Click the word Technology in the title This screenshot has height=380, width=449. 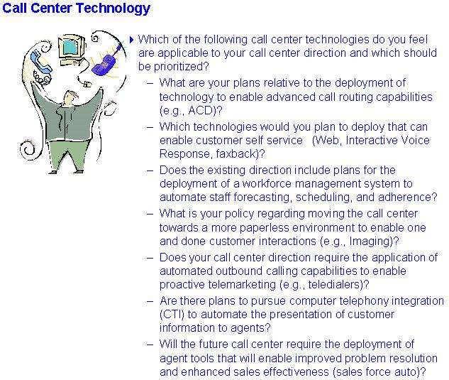click(113, 9)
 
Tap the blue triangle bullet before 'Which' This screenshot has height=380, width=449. click(131, 40)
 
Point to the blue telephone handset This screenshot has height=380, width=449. click(41, 63)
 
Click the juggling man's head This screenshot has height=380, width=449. click(70, 98)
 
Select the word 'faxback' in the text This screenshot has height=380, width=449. click(235, 154)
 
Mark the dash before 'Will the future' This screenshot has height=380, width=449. click(150, 344)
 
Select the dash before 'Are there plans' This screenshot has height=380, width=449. click(150, 301)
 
